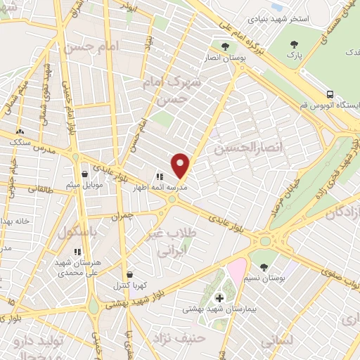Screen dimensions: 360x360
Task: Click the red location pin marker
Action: tap(181, 165)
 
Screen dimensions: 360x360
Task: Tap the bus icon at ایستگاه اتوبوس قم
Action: tap(330, 94)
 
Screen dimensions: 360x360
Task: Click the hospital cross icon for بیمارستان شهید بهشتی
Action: tap(219, 298)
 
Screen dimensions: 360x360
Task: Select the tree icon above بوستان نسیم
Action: tap(264, 266)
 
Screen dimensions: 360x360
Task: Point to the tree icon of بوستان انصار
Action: tap(225, 46)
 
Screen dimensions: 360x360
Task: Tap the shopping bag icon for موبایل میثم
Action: tap(85, 173)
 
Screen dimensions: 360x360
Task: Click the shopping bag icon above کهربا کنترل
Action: tap(129, 275)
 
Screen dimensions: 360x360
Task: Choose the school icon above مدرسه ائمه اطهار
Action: tap(160, 177)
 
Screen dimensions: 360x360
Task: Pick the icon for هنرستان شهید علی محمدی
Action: tap(77, 251)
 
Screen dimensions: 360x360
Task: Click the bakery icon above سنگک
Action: tap(20, 131)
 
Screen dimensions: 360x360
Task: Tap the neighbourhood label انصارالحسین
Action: tap(251, 147)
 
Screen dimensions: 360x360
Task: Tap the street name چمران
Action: tap(124, 217)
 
